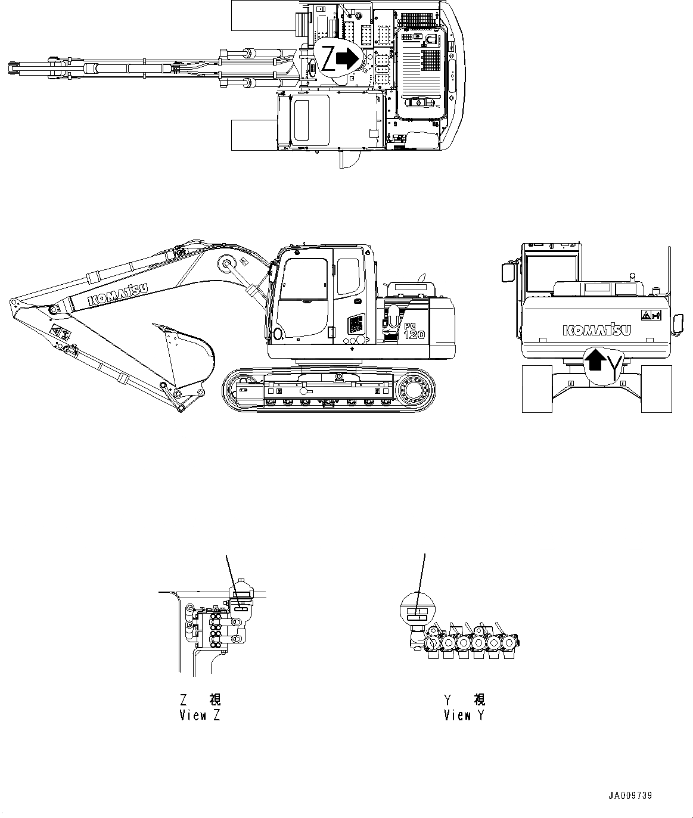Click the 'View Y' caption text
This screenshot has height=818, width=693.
(x=464, y=715)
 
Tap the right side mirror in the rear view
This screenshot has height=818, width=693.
(x=678, y=324)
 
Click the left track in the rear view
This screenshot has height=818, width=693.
(x=536, y=388)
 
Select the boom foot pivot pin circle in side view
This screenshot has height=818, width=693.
(x=226, y=263)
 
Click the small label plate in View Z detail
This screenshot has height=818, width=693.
(x=241, y=608)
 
